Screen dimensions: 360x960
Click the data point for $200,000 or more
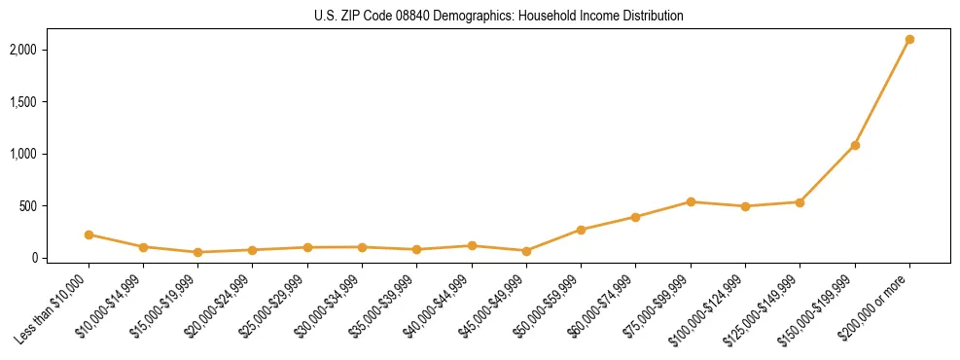click(x=909, y=40)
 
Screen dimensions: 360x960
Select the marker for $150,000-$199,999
click(x=855, y=146)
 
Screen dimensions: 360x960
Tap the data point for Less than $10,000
click(x=89, y=234)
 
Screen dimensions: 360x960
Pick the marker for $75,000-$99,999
click(x=691, y=202)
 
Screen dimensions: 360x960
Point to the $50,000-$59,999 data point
click(x=581, y=230)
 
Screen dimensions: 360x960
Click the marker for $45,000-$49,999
click(x=526, y=251)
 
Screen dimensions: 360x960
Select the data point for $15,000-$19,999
click(x=198, y=252)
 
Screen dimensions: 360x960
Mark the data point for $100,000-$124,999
click(x=745, y=206)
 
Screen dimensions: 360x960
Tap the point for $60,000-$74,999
click(x=635, y=217)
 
